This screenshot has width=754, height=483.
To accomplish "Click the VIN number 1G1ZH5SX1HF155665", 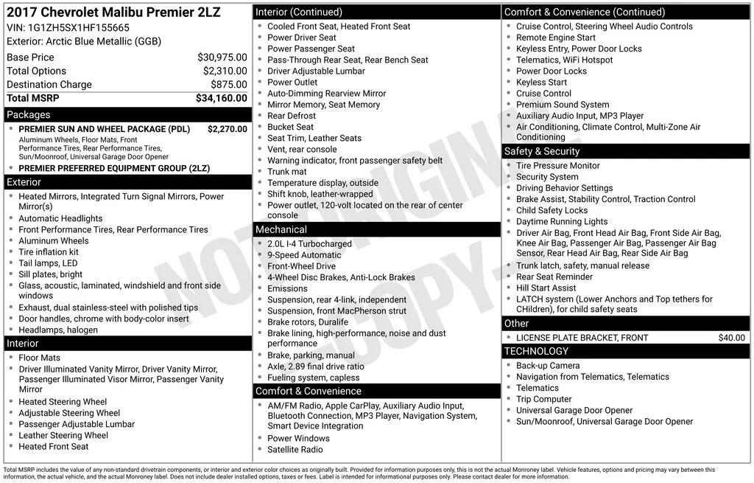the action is click(x=79, y=27).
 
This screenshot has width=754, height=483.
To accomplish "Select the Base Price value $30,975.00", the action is click(x=222, y=58).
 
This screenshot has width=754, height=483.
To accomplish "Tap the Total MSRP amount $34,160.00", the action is click(x=222, y=98).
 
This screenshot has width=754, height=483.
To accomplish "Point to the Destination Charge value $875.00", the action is click(x=229, y=85).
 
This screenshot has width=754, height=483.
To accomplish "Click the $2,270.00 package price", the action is click(x=228, y=129).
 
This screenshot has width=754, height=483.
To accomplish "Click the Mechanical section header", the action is click(x=281, y=230).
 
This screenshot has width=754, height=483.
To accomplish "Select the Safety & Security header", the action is click(x=542, y=151).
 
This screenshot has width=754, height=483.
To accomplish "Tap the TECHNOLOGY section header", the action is click(x=536, y=351).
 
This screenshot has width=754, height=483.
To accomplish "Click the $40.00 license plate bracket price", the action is click(x=731, y=338).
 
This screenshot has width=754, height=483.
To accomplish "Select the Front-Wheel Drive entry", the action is click(x=301, y=266).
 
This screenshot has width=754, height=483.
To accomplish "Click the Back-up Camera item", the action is click(x=548, y=366).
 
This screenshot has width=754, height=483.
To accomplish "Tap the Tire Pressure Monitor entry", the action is click(x=558, y=166).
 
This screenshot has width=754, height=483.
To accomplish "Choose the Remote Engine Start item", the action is click(x=556, y=38).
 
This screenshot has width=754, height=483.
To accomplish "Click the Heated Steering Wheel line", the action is click(x=63, y=402).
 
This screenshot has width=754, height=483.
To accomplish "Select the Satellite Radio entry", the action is click(x=295, y=450).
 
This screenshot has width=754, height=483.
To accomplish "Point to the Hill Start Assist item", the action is click(x=546, y=288).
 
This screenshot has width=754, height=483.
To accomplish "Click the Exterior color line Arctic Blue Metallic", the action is click(x=84, y=41).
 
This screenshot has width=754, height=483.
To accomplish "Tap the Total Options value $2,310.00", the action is click(x=225, y=71).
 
